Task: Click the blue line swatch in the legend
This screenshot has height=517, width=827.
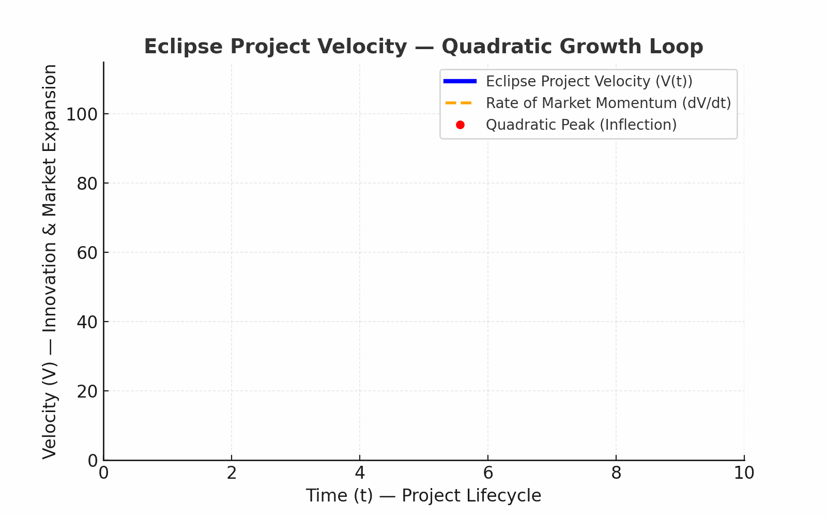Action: [x=460, y=81]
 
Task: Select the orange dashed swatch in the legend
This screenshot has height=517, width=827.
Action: [x=459, y=103]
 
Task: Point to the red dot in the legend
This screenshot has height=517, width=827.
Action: [x=461, y=125]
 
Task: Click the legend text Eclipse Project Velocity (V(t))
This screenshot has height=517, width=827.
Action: [x=589, y=82]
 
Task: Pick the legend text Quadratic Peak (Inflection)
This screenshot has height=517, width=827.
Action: [x=581, y=125]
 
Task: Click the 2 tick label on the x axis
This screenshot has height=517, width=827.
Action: [x=232, y=473]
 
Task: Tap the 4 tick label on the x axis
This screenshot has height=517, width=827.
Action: [x=360, y=473]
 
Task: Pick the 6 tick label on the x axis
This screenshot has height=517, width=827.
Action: [x=488, y=473]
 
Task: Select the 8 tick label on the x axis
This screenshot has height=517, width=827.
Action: [x=616, y=473]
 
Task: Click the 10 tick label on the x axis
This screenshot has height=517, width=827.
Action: [x=744, y=473]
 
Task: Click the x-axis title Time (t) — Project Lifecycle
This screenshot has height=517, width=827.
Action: [x=423, y=496]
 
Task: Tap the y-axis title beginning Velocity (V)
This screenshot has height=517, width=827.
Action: [x=50, y=261]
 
